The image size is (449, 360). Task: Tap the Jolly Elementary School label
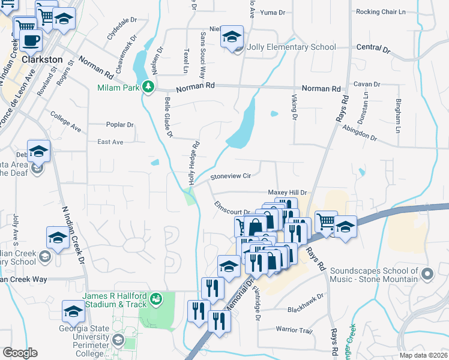pyautogui.click(x=291, y=47)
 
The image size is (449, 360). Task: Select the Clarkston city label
pyautogui.click(x=42, y=60)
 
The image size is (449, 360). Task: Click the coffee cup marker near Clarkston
pyautogui.click(x=31, y=40)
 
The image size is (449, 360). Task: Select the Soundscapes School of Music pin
pyautogui.click(x=427, y=275)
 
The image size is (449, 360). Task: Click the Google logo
pyautogui.click(x=20, y=353)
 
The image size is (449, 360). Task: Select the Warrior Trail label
pyautogui.click(x=294, y=329)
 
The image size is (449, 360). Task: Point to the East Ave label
pyautogui.click(x=110, y=142)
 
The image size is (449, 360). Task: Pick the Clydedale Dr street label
pyautogui.click(x=122, y=28)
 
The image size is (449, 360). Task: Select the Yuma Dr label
pyautogui.click(x=273, y=13)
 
